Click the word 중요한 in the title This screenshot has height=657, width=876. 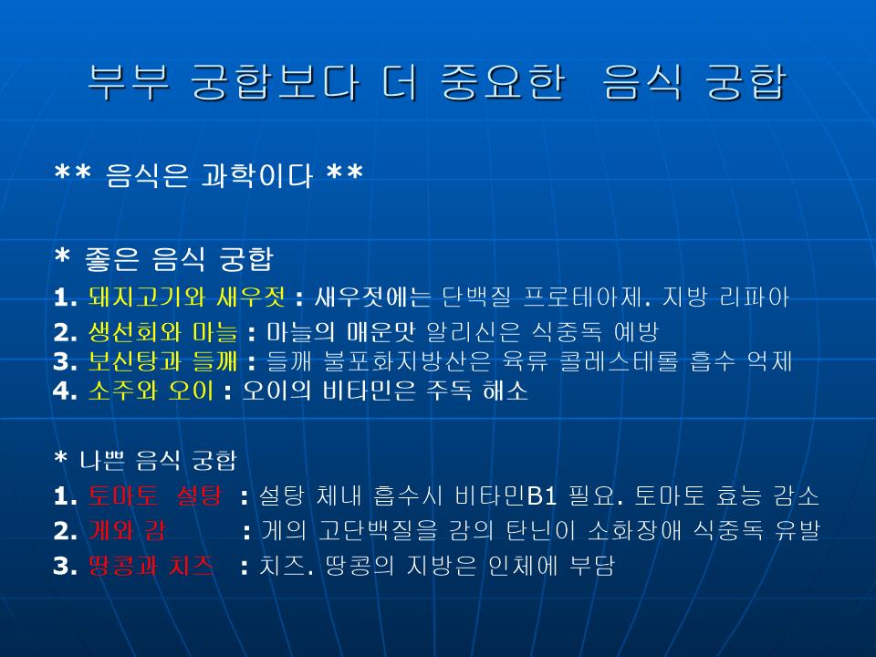click(504, 82)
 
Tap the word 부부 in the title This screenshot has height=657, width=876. click(129, 82)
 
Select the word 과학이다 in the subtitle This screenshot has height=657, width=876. click(256, 175)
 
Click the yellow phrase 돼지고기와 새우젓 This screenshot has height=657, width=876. click(186, 297)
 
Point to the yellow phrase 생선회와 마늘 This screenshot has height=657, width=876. click(162, 332)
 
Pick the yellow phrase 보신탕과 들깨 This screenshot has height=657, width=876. click(162, 361)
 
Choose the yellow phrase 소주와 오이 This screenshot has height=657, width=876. click(151, 390)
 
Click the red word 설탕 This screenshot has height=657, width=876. click(199, 495)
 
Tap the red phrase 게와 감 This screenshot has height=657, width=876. click(127, 530)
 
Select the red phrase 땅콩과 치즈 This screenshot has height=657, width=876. click(151, 566)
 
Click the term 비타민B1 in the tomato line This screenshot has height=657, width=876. click(506, 495)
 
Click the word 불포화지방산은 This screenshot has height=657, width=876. click(407, 361)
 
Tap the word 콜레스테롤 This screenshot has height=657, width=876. click(619, 361)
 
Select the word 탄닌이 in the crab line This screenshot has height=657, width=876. click(541, 530)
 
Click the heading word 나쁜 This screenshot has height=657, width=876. click(102, 460)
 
